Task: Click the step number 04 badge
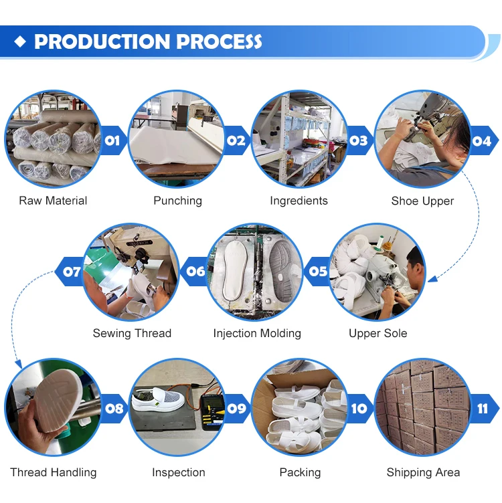click(x=481, y=140)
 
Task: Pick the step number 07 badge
click(x=72, y=272)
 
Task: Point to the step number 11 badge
click(x=483, y=408)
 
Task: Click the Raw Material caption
click(x=53, y=201)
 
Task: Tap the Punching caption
click(x=177, y=201)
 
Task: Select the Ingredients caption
click(x=299, y=201)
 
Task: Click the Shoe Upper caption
click(x=422, y=201)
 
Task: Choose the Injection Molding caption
click(x=257, y=333)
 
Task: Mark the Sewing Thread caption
click(x=132, y=333)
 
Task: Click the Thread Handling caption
click(x=54, y=472)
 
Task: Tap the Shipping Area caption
click(x=423, y=472)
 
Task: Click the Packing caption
click(x=300, y=472)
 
